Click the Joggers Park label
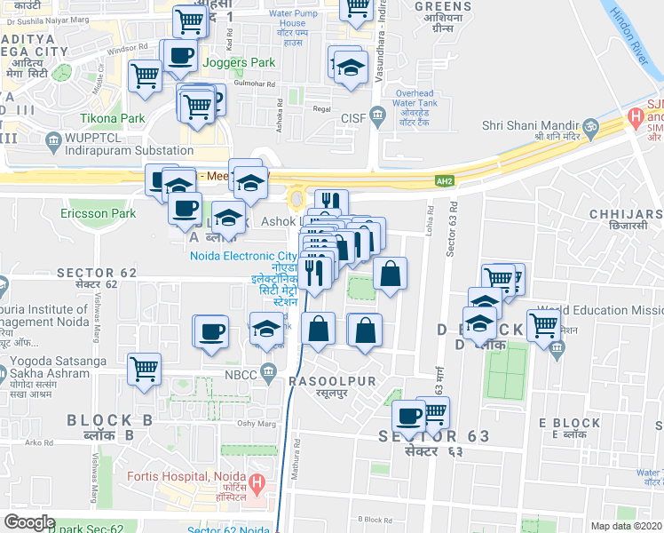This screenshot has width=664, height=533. pyautogui.click(x=239, y=63)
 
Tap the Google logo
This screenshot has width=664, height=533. pyautogui.click(x=29, y=522)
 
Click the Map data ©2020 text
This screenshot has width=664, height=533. pyautogui.click(x=625, y=526)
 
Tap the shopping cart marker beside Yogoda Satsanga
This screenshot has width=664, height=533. pyautogui.click(x=144, y=369)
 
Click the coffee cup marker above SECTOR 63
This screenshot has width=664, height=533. pyautogui.click(x=409, y=415)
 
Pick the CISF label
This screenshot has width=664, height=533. pyautogui.click(x=353, y=118)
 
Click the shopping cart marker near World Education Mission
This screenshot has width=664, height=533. pyautogui.click(x=543, y=326)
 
